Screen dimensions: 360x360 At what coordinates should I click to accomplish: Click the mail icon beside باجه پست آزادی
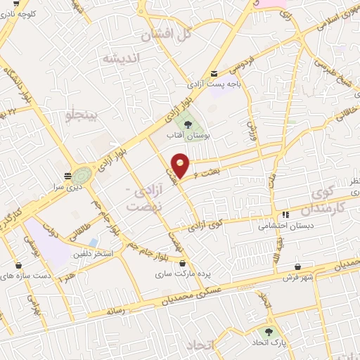(214, 74)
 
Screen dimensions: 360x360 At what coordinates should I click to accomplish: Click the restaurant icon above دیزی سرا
(67, 176)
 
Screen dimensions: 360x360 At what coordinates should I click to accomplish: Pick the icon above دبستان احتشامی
(285, 215)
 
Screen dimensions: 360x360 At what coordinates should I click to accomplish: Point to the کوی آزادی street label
(206, 226)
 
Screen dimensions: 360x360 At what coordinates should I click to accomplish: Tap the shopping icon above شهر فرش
(300, 267)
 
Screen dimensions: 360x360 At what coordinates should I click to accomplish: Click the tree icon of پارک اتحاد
(269, 330)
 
